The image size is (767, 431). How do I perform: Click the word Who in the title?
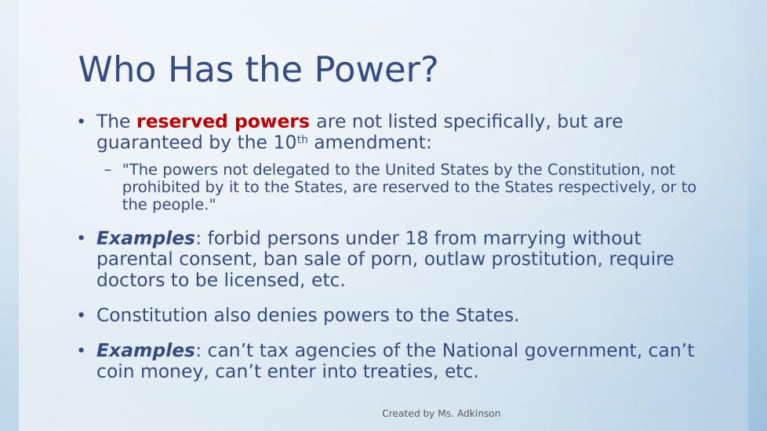118,70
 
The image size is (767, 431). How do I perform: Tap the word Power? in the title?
376,70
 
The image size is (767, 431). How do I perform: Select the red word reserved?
182,121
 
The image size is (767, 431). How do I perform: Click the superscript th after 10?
302,139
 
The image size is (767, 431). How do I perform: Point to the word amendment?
373,142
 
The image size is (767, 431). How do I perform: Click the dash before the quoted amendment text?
108,170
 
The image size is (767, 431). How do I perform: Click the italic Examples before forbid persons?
146,238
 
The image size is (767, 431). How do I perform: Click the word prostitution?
546,259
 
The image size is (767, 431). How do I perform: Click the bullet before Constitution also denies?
82,315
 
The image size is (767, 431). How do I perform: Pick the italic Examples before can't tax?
146,350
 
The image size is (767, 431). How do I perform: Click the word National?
480,350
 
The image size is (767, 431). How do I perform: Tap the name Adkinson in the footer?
478,414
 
